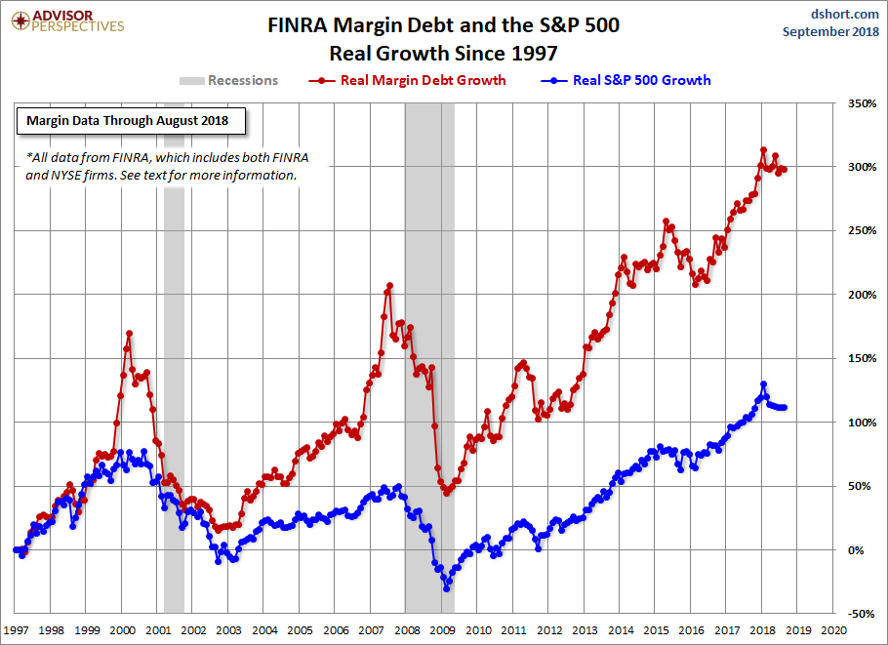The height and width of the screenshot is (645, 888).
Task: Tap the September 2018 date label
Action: pos(830,31)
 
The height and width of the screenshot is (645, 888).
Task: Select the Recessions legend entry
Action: pos(229,80)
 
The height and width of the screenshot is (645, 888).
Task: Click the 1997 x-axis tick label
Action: pos(17,630)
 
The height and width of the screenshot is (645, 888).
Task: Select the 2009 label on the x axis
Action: pos(442,630)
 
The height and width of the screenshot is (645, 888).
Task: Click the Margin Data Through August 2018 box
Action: pos(128,121)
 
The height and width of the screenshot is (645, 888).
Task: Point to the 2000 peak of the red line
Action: pos(129,334)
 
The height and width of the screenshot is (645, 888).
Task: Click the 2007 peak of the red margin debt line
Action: pos(389,286)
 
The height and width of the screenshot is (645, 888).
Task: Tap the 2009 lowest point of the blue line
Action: pos(446,588)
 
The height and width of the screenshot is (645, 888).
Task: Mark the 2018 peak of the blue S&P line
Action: pos(763,384)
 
